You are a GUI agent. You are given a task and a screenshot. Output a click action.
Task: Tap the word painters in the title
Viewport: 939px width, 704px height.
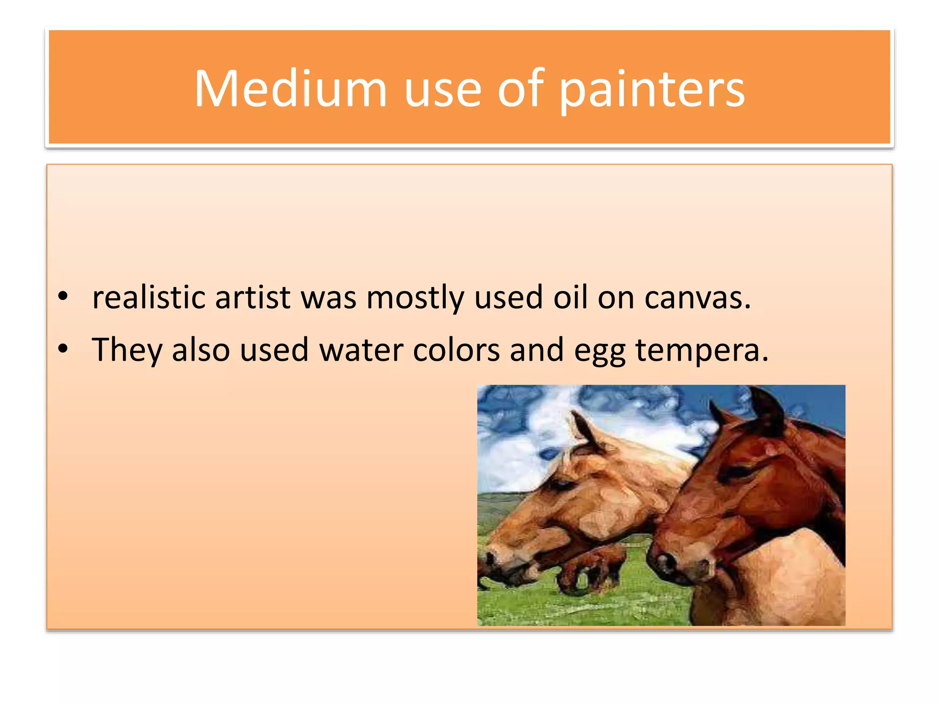pos(652,89)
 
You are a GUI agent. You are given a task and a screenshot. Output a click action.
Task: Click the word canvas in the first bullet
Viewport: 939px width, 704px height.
pos(696,297)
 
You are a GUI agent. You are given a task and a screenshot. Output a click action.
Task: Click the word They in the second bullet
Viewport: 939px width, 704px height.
pos(127,350)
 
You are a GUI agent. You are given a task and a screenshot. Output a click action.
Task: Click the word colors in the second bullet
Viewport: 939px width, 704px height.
pos(456,350)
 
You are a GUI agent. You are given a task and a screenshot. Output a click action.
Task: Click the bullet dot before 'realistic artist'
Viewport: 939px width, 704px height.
pos(63,297)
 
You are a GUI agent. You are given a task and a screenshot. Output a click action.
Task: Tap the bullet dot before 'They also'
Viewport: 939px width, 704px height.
pos(63,349)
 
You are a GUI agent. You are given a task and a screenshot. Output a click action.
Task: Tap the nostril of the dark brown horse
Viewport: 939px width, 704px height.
pos(663,562)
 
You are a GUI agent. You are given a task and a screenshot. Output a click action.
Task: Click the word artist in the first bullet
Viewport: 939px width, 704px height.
pos(253,297)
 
